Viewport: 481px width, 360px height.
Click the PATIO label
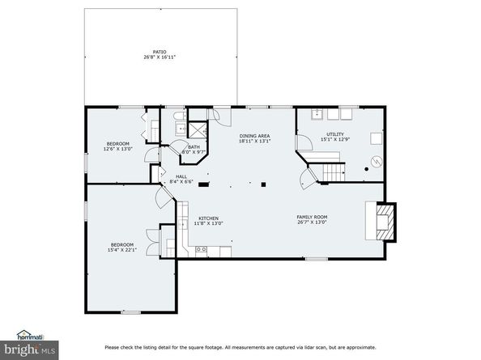[x=160, y=52]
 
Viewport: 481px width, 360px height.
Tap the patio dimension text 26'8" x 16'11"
[x=160, y=57]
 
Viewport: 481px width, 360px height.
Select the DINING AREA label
[x=253, y=136]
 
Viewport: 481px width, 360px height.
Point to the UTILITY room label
[x=334, y=134]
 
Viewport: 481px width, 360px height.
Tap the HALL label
[x=182, y=176]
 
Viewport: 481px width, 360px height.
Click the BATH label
[x=194, y=146]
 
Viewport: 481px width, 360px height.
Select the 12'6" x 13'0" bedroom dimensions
[x=117, y=149]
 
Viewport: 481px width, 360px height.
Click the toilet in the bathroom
[x=177, y=127]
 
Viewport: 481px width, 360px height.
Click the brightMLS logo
[x=28, y=349]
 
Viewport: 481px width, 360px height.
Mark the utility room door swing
[x=304, y=143]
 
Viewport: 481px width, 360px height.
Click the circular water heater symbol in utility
[x=374, y=161]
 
